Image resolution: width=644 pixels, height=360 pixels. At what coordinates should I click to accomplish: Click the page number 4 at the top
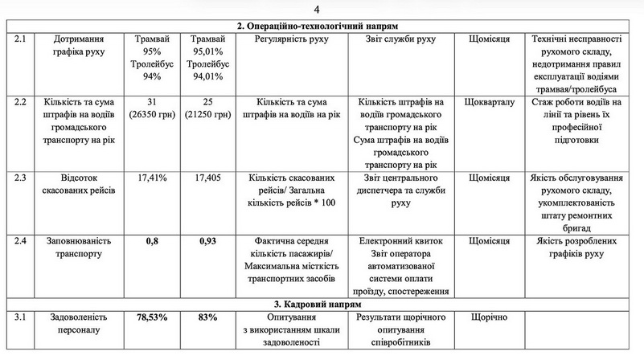point(316,10)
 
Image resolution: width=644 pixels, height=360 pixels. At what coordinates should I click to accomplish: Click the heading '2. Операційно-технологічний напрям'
point(318,26)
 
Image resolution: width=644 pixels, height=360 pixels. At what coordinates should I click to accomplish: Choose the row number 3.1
point(21,317)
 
